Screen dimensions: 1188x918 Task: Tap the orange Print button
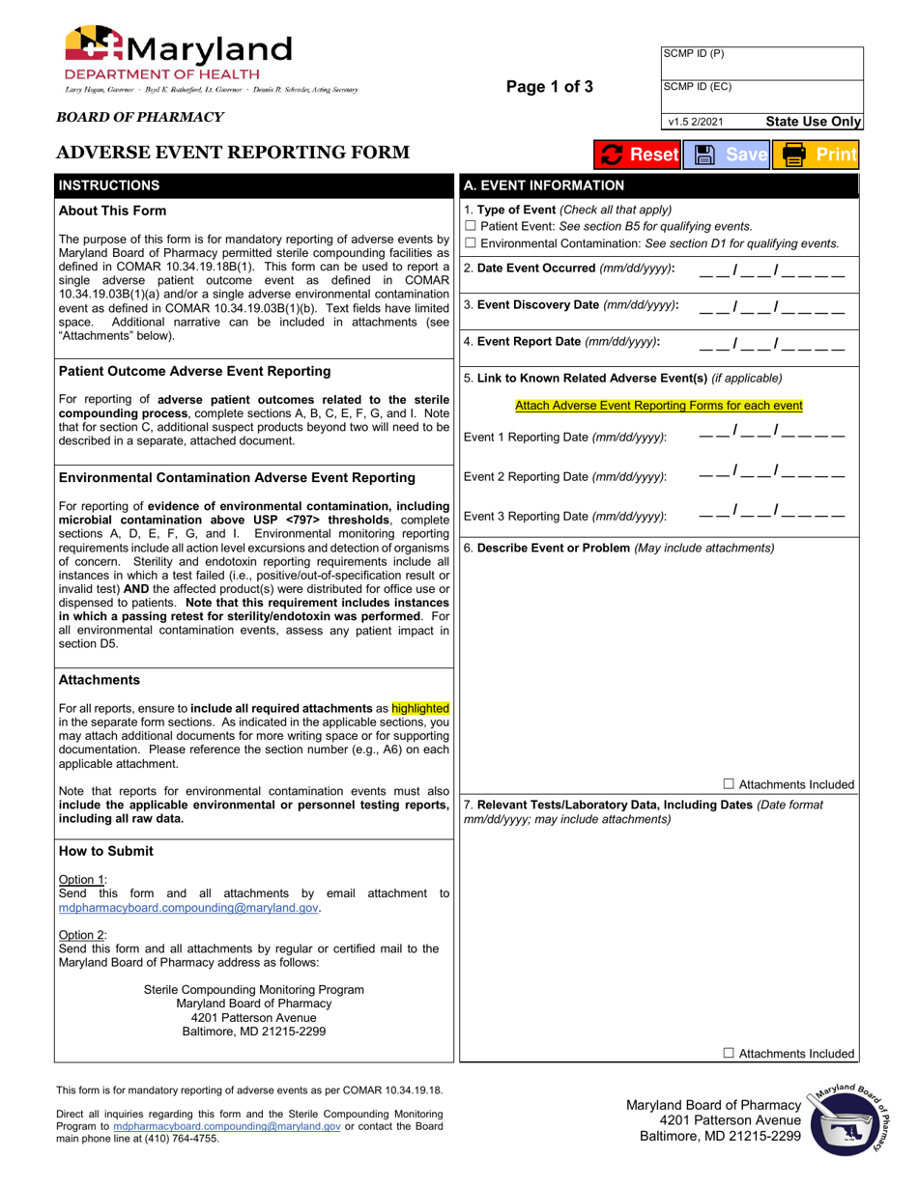[x=819, y=155]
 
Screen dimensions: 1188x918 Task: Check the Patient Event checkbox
[x=471, y=227]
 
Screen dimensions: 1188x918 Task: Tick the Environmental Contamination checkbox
[x=471, y=243]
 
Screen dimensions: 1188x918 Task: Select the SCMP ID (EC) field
[x=761, y=97]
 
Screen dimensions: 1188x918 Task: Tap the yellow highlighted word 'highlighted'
[x=420, y=708]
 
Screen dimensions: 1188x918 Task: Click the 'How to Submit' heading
[x=105, y=851]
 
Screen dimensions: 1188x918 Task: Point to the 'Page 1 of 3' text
[x=550, y=87]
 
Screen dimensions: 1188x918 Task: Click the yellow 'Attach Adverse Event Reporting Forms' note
[x=658, y=406]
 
